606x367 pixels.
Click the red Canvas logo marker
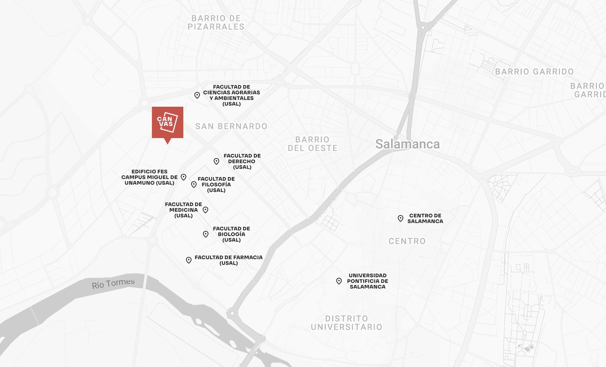167,123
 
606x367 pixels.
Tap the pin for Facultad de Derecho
216,161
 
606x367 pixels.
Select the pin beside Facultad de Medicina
206,210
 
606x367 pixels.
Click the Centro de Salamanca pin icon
400,218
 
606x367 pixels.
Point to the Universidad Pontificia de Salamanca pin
339,281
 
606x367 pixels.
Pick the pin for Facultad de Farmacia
189,260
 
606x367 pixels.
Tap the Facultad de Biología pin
206,234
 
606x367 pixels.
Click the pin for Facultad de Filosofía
194,184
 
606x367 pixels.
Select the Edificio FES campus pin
184,177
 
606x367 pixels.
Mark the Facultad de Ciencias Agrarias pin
197,95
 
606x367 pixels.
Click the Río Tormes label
113,283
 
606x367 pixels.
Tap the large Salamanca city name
407,144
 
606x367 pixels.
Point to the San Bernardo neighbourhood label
231,126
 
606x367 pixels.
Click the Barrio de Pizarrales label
216,23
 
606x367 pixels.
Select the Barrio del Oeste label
313,144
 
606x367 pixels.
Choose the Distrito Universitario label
346,323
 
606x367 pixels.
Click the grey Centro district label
407,241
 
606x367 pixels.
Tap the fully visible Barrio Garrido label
534,72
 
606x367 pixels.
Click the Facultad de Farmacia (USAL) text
228,260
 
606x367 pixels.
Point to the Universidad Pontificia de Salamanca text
367,281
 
